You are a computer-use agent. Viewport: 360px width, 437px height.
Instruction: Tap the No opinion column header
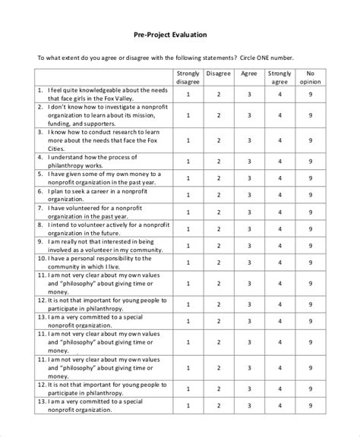point(311,78)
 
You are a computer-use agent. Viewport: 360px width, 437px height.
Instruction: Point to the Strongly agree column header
point(279,78)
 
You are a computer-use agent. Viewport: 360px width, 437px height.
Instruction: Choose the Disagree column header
point(218,74)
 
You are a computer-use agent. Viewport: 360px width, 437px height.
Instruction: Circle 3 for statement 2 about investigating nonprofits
point(248,115)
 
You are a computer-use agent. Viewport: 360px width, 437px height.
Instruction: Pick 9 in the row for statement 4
point(311,161)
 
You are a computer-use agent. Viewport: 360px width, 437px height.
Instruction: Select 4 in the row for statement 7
point(279,213)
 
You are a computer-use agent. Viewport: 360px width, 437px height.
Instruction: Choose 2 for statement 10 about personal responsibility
point(218,263)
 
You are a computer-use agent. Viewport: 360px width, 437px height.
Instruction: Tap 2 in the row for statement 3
point(218,140)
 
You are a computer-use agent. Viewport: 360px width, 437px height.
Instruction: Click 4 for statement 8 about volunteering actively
point(279,230)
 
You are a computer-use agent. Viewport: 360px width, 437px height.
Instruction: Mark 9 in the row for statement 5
point(311,180)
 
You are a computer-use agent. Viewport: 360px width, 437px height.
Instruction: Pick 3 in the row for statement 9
point(248,247)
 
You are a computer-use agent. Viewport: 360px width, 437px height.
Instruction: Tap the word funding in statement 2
point(58,124)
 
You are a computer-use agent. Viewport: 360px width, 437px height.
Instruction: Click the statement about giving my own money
point(99,180)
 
